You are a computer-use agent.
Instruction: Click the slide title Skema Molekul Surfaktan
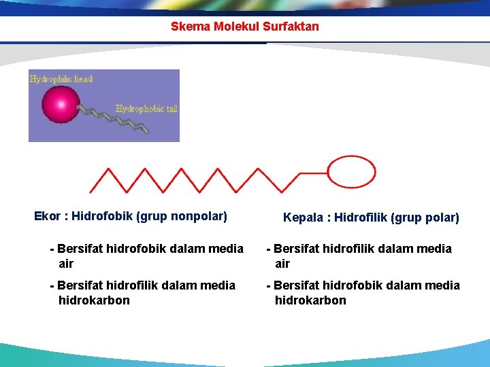244,27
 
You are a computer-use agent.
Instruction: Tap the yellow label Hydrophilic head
61,79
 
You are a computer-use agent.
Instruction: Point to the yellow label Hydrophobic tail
146,108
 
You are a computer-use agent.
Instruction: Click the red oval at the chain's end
352,171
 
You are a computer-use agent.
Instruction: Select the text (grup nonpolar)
182,216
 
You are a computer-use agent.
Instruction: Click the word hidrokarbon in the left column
94,300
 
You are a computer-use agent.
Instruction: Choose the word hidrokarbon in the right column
310,300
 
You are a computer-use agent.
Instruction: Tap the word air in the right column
282,264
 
